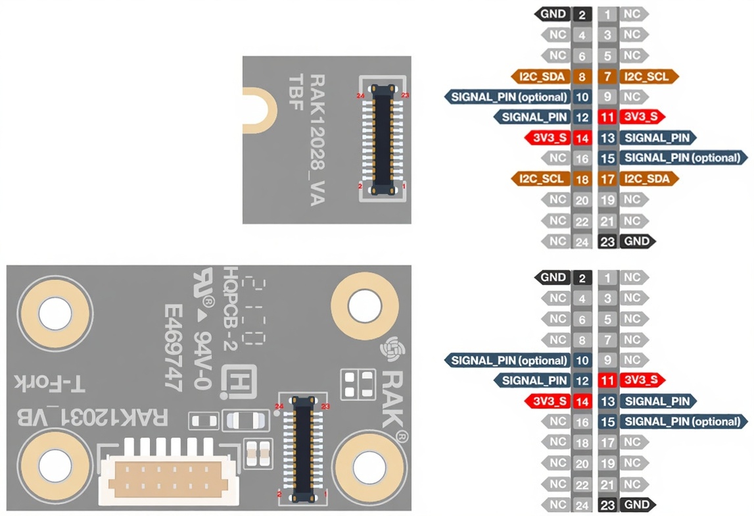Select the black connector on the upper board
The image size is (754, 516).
[x=382, y=139]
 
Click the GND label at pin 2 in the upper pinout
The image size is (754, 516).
[x=553, y=13]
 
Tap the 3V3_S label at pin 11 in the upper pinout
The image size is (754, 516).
[x=640, y=117]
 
